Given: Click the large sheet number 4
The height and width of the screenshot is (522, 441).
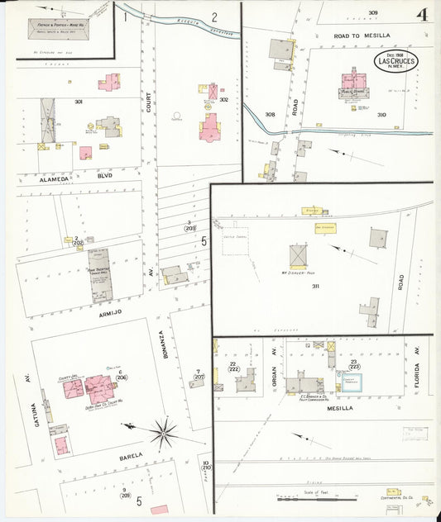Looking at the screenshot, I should click(x=422, y=14).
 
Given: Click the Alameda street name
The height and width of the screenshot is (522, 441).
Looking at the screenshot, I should click(x=57, y=176).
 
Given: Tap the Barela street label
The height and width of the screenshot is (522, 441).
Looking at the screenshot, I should click(x=132, y=455).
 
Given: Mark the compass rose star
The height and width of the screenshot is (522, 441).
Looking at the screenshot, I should click(x=163, y=430).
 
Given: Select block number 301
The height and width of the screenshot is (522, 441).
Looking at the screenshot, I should click(x=79, y=102).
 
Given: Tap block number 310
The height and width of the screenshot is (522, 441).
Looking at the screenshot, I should click(x=381, y=115).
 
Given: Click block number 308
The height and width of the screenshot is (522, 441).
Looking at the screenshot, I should click(x=270, y=115).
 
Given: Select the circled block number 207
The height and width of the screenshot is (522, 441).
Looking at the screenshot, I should click(x=199, y=377).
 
